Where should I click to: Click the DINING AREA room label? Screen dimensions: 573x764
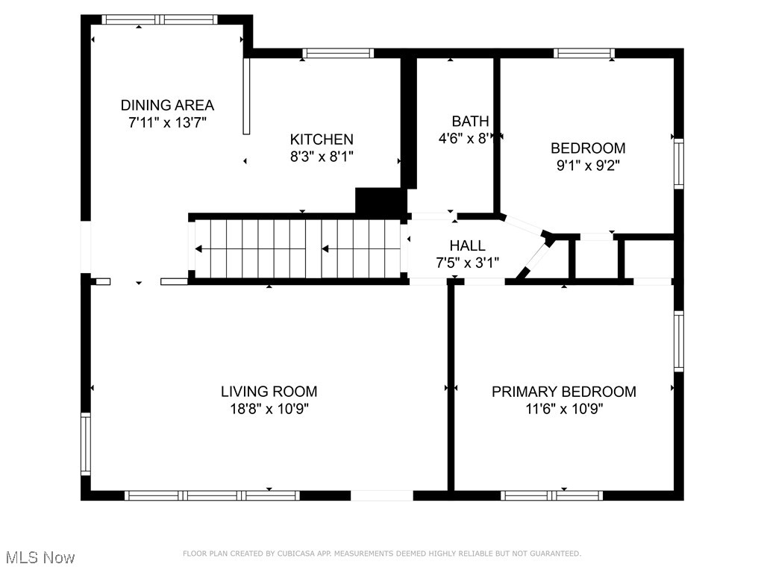click(167, 105)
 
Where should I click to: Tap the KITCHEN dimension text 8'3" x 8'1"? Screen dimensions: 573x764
click(322, 157)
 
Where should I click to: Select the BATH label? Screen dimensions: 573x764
click(470, 121)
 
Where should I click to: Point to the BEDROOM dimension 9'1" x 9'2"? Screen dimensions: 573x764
click(588, 166)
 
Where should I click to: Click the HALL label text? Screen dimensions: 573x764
click(467, 245)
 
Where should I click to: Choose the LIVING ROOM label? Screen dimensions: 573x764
click(269, 391)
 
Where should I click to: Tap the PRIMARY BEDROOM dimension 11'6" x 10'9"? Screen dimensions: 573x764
click(563, 409)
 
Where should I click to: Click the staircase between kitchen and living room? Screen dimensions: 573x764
click(298, 248)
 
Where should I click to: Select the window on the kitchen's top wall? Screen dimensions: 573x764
click(338, 53)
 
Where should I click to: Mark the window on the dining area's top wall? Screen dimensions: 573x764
click(160, 19)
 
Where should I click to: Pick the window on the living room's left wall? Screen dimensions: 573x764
click(86, 445)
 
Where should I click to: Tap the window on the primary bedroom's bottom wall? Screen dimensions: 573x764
click(552, 495)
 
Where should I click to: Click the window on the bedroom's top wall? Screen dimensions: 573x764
click(584, 53)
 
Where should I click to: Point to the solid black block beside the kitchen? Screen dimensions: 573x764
click(380, 201)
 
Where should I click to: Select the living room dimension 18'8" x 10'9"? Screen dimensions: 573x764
click(269, 409)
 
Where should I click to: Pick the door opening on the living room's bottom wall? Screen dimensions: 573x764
click(381, 495)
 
